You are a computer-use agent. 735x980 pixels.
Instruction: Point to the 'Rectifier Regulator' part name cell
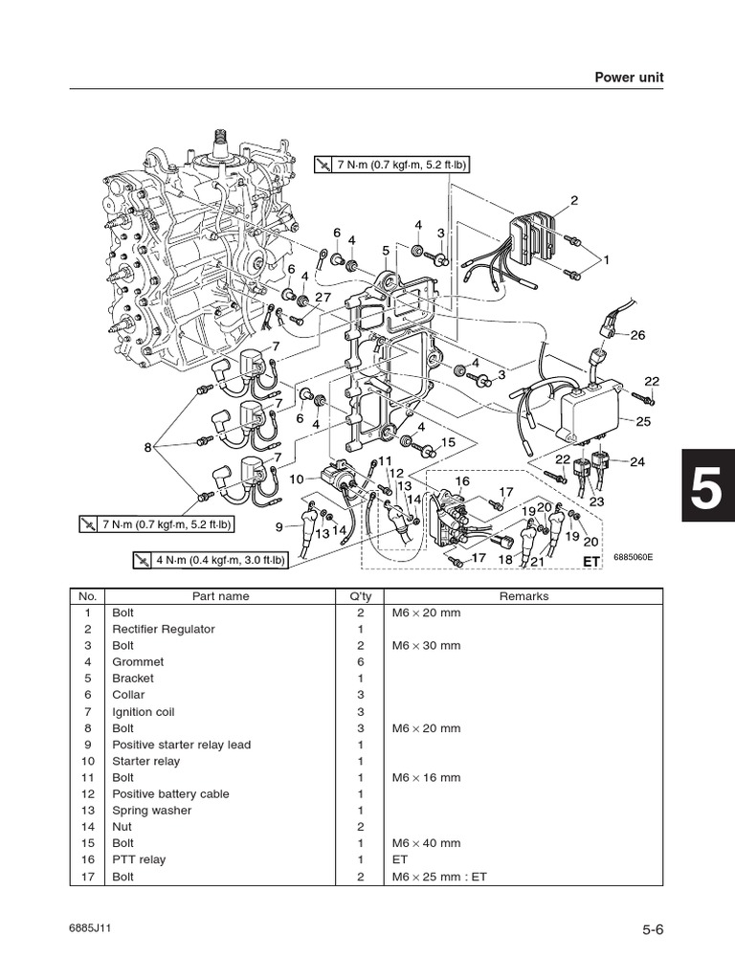coord(163,629)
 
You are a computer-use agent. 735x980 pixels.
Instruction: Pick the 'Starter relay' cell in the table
coord(145,761)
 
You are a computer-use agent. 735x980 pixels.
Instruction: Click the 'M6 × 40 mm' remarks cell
coord(426,843)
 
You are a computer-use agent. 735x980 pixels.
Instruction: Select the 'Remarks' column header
coord(523,596)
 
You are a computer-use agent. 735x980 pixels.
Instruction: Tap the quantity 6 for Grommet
coord(361,661)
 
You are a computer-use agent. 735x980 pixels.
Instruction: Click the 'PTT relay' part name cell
coord(139,859)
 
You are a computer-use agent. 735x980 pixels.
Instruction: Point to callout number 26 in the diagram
coord(638,335)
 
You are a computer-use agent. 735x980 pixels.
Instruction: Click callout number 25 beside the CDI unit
coord(643,421)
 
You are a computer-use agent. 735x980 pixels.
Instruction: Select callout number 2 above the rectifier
coord(574,200)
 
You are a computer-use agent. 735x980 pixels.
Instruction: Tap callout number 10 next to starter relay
coord(297,478)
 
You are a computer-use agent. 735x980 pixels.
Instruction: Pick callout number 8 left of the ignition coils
coord(148,447)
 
